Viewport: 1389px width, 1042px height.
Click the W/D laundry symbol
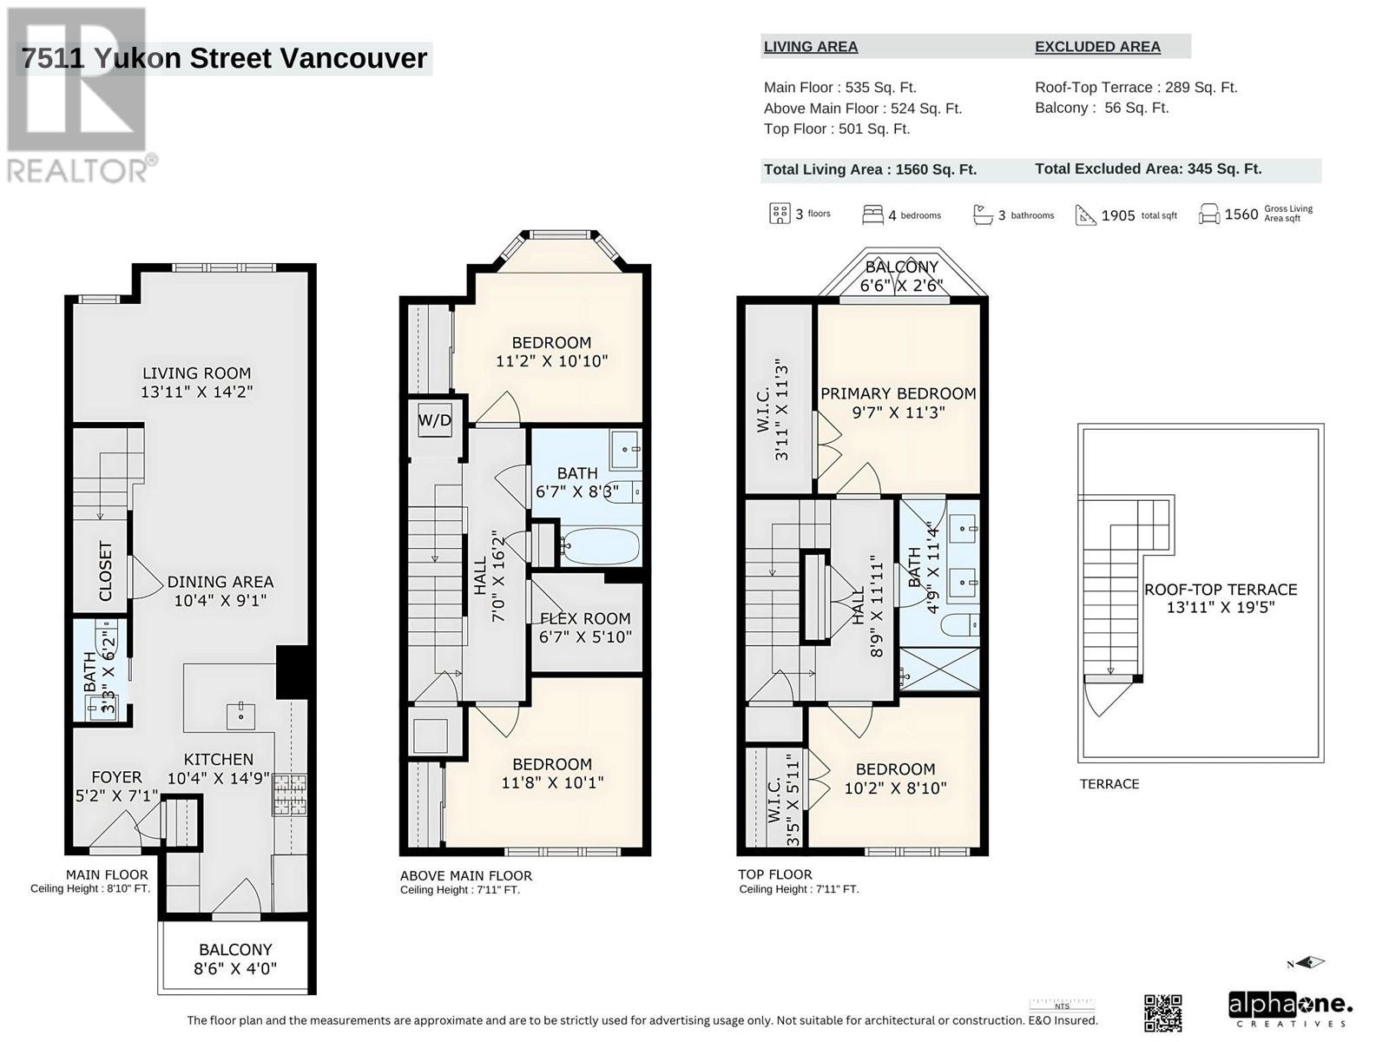435,420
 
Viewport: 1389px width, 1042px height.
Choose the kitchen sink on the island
240,716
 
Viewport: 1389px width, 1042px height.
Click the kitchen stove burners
289,795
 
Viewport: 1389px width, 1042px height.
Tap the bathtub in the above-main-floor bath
600,547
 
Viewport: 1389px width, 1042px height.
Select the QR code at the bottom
1163,1012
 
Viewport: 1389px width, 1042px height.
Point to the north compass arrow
1307,964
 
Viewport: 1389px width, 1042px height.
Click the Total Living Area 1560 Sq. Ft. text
870,169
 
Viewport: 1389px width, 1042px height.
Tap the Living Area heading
811,47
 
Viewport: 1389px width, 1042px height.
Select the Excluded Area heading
1097,47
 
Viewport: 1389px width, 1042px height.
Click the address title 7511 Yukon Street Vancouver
225,58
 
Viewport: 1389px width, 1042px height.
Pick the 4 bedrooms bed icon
872,214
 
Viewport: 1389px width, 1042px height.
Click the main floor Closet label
106,571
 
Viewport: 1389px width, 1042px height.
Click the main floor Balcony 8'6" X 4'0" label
235,960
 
